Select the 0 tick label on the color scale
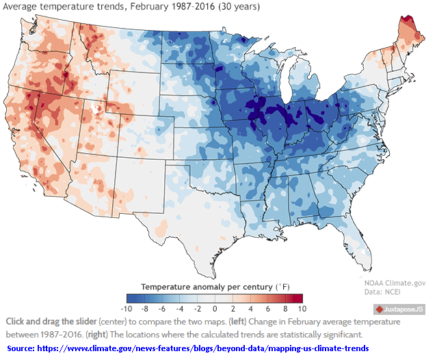[215, 308]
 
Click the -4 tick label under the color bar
[180, 308]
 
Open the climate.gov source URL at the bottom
[215, 348]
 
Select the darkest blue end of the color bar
[131, 297]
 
